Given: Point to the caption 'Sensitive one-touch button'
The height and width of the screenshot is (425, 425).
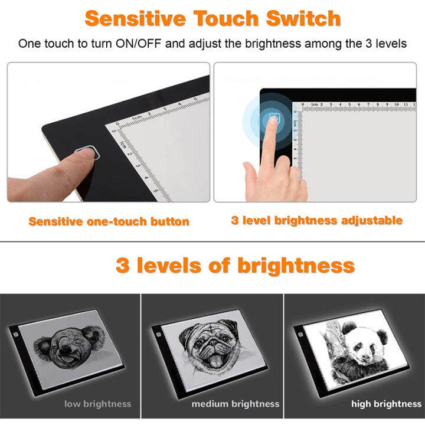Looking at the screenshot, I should (109, 222).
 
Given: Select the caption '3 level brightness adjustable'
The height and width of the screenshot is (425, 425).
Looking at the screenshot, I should (316, 221).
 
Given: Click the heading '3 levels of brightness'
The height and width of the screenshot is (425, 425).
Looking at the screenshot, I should (235, 265).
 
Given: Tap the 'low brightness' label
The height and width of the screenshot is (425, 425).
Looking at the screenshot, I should (97, 404).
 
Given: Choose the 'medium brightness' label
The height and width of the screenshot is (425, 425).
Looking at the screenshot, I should (235, 404).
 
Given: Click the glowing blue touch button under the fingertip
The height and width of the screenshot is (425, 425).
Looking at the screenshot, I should (273, 119).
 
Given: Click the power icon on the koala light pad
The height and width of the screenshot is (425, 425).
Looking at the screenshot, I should (15, 331).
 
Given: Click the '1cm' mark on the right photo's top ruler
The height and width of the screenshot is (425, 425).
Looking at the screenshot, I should (315, 104).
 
